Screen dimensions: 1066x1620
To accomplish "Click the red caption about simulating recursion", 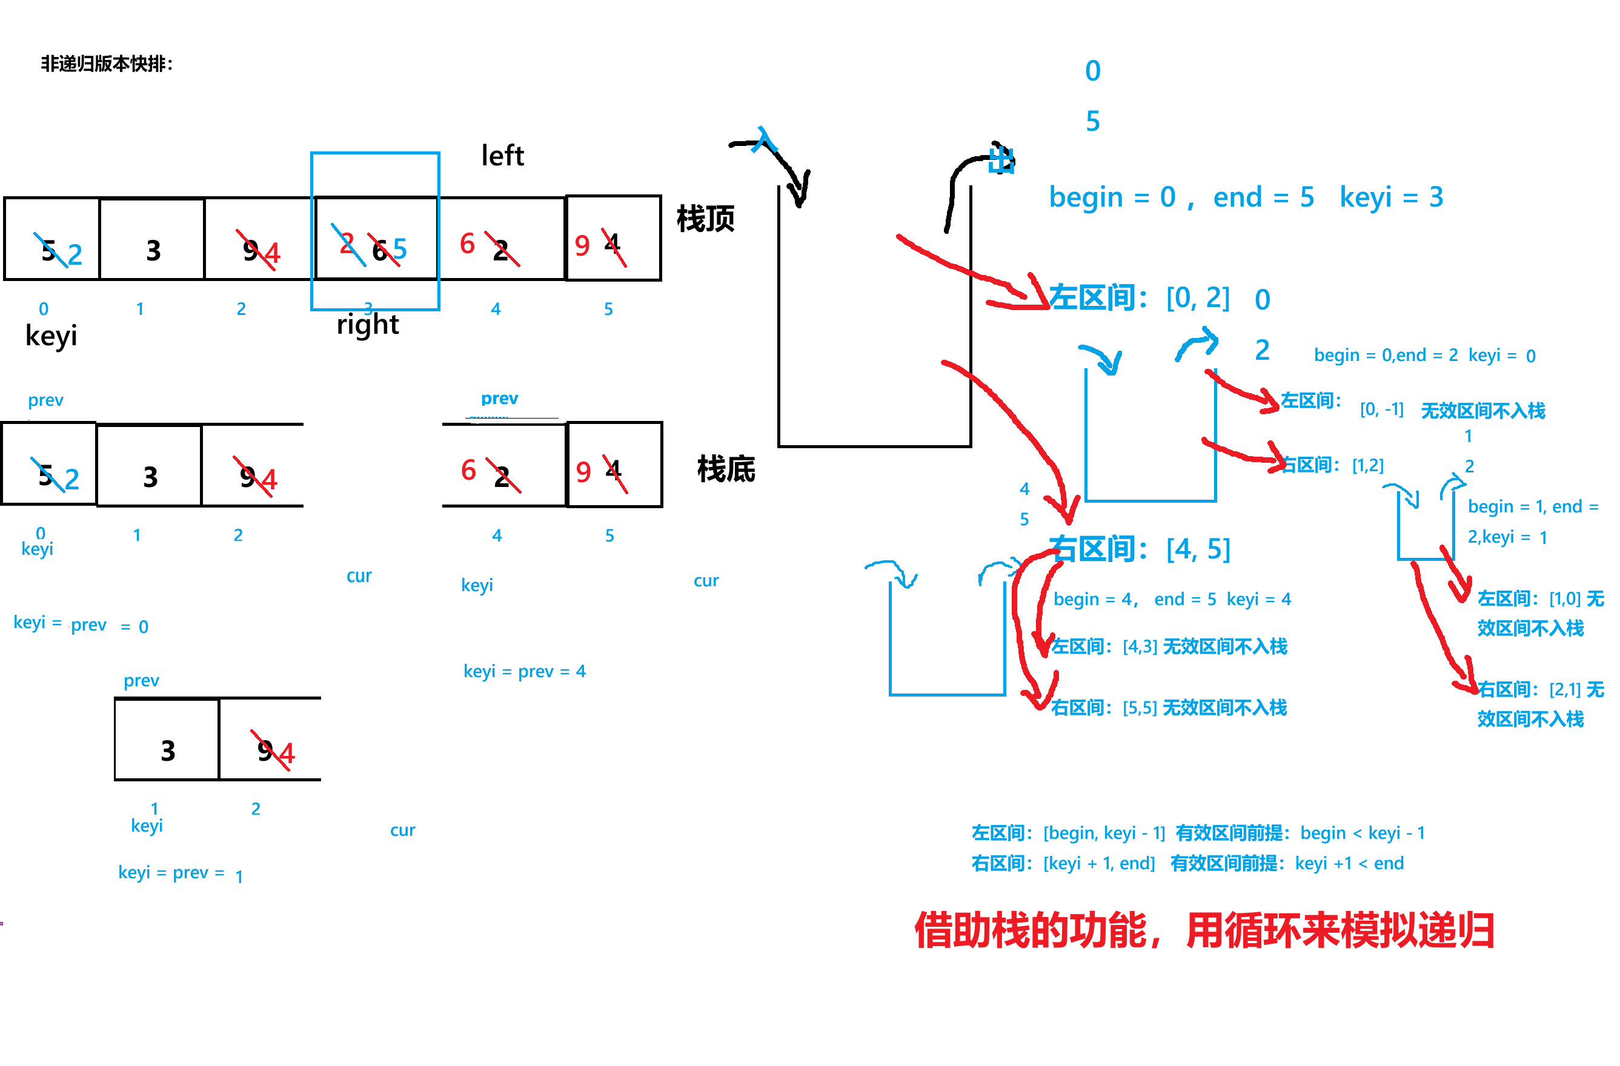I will coord(1203,930).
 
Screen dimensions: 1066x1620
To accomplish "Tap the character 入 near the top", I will coord(765,141).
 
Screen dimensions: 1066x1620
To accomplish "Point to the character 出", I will coord(1001,161).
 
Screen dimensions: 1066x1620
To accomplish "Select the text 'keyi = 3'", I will coord(1391,197).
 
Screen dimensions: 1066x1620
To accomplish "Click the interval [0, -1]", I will coord(1381,409).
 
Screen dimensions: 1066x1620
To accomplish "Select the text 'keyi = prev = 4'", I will coord(524,672).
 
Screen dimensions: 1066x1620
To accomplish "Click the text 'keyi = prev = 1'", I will coord(181,873).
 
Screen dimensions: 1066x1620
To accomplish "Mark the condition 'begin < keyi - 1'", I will coord(1362,833).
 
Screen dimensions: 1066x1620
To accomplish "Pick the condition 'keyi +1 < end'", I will coord(1349,864).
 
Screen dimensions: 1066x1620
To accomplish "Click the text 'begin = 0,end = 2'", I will coord(1385,356).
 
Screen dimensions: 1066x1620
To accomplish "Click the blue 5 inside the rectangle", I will coord(400,249).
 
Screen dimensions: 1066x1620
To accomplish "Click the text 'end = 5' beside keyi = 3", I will coord(1263,197).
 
